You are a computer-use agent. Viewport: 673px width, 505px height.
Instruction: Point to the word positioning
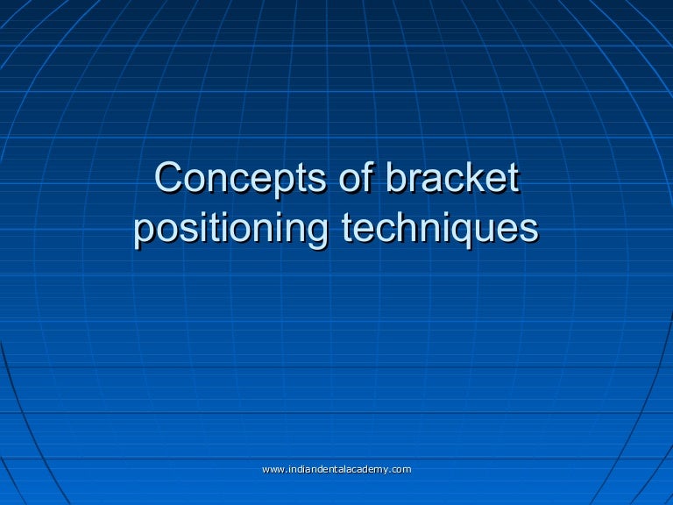(x=232, y=229)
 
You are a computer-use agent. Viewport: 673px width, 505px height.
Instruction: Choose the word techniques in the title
(x=439, y=229)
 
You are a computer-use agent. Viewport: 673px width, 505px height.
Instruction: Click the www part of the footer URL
(x=273, y=471)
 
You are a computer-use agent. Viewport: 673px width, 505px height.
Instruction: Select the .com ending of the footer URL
(x=400, y=471)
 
